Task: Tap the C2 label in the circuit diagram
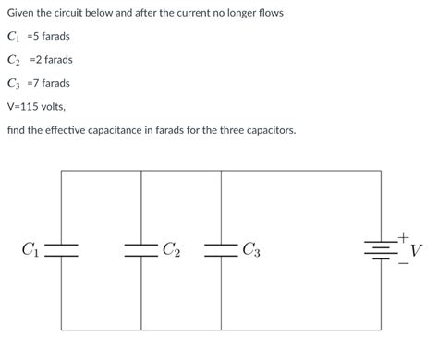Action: click(x=172, y=249)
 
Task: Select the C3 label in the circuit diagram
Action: click(x=251, y=249)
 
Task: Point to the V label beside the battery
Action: click(x=417, y=250)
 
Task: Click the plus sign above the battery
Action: click(x=403, y=237)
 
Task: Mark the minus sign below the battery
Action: click(x=403, y=263)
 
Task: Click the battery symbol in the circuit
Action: click(x=380, y=249)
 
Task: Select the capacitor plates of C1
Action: click(x=61, y=249)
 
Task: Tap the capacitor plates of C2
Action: click(x=141, y=249)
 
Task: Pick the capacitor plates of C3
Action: click(x=222, y=249)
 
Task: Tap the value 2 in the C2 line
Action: click(x=41, y=60)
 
